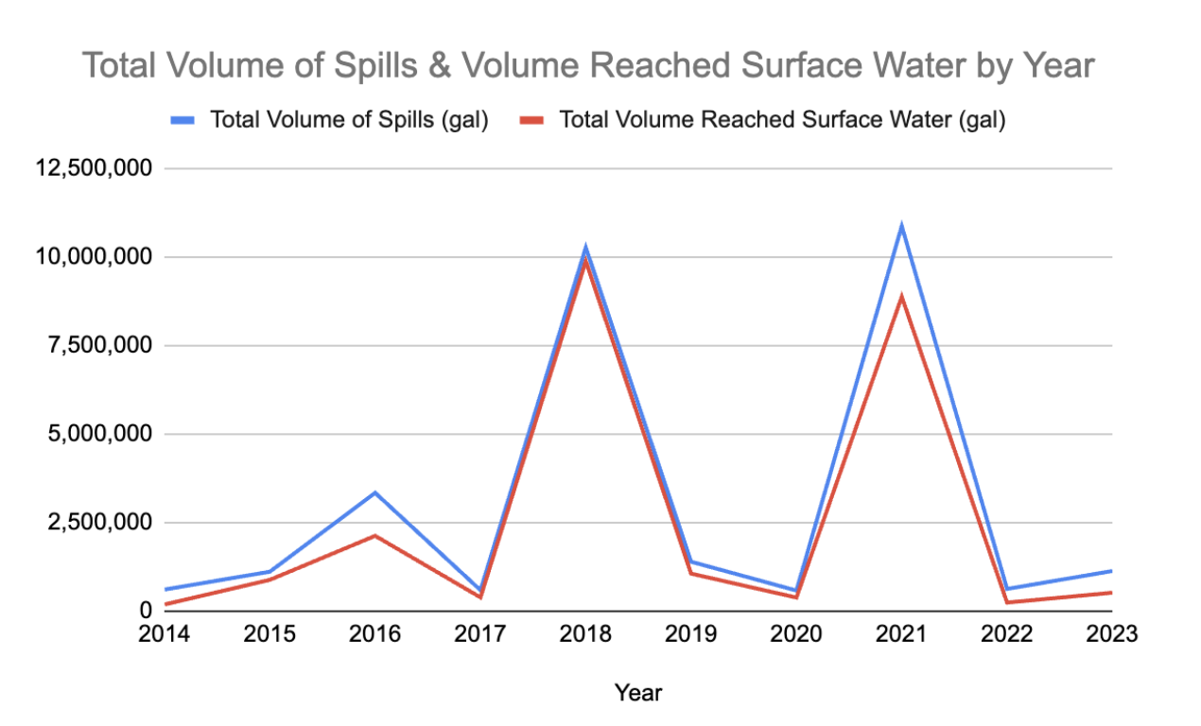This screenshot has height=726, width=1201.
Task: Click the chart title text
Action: (588, 66)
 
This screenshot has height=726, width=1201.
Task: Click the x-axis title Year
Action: (638, 693)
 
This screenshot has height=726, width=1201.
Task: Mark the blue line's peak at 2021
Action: (902, 226)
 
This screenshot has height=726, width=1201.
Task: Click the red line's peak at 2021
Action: (902, 297)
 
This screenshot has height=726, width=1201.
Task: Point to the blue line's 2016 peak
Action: (375, 493)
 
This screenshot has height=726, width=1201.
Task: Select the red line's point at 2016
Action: (375, 536)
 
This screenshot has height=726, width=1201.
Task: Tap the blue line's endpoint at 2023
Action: (1111, 571)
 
